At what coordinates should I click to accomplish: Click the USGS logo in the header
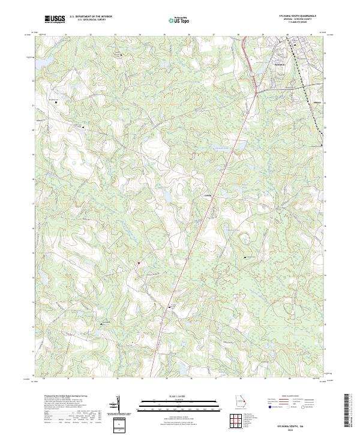pos(55,20)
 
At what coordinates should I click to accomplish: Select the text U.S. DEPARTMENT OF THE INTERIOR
pos(91,17)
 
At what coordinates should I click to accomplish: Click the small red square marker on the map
pos(138,262)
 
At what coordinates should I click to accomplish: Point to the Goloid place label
pos(208,196)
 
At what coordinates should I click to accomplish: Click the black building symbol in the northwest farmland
pos(57,102)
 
